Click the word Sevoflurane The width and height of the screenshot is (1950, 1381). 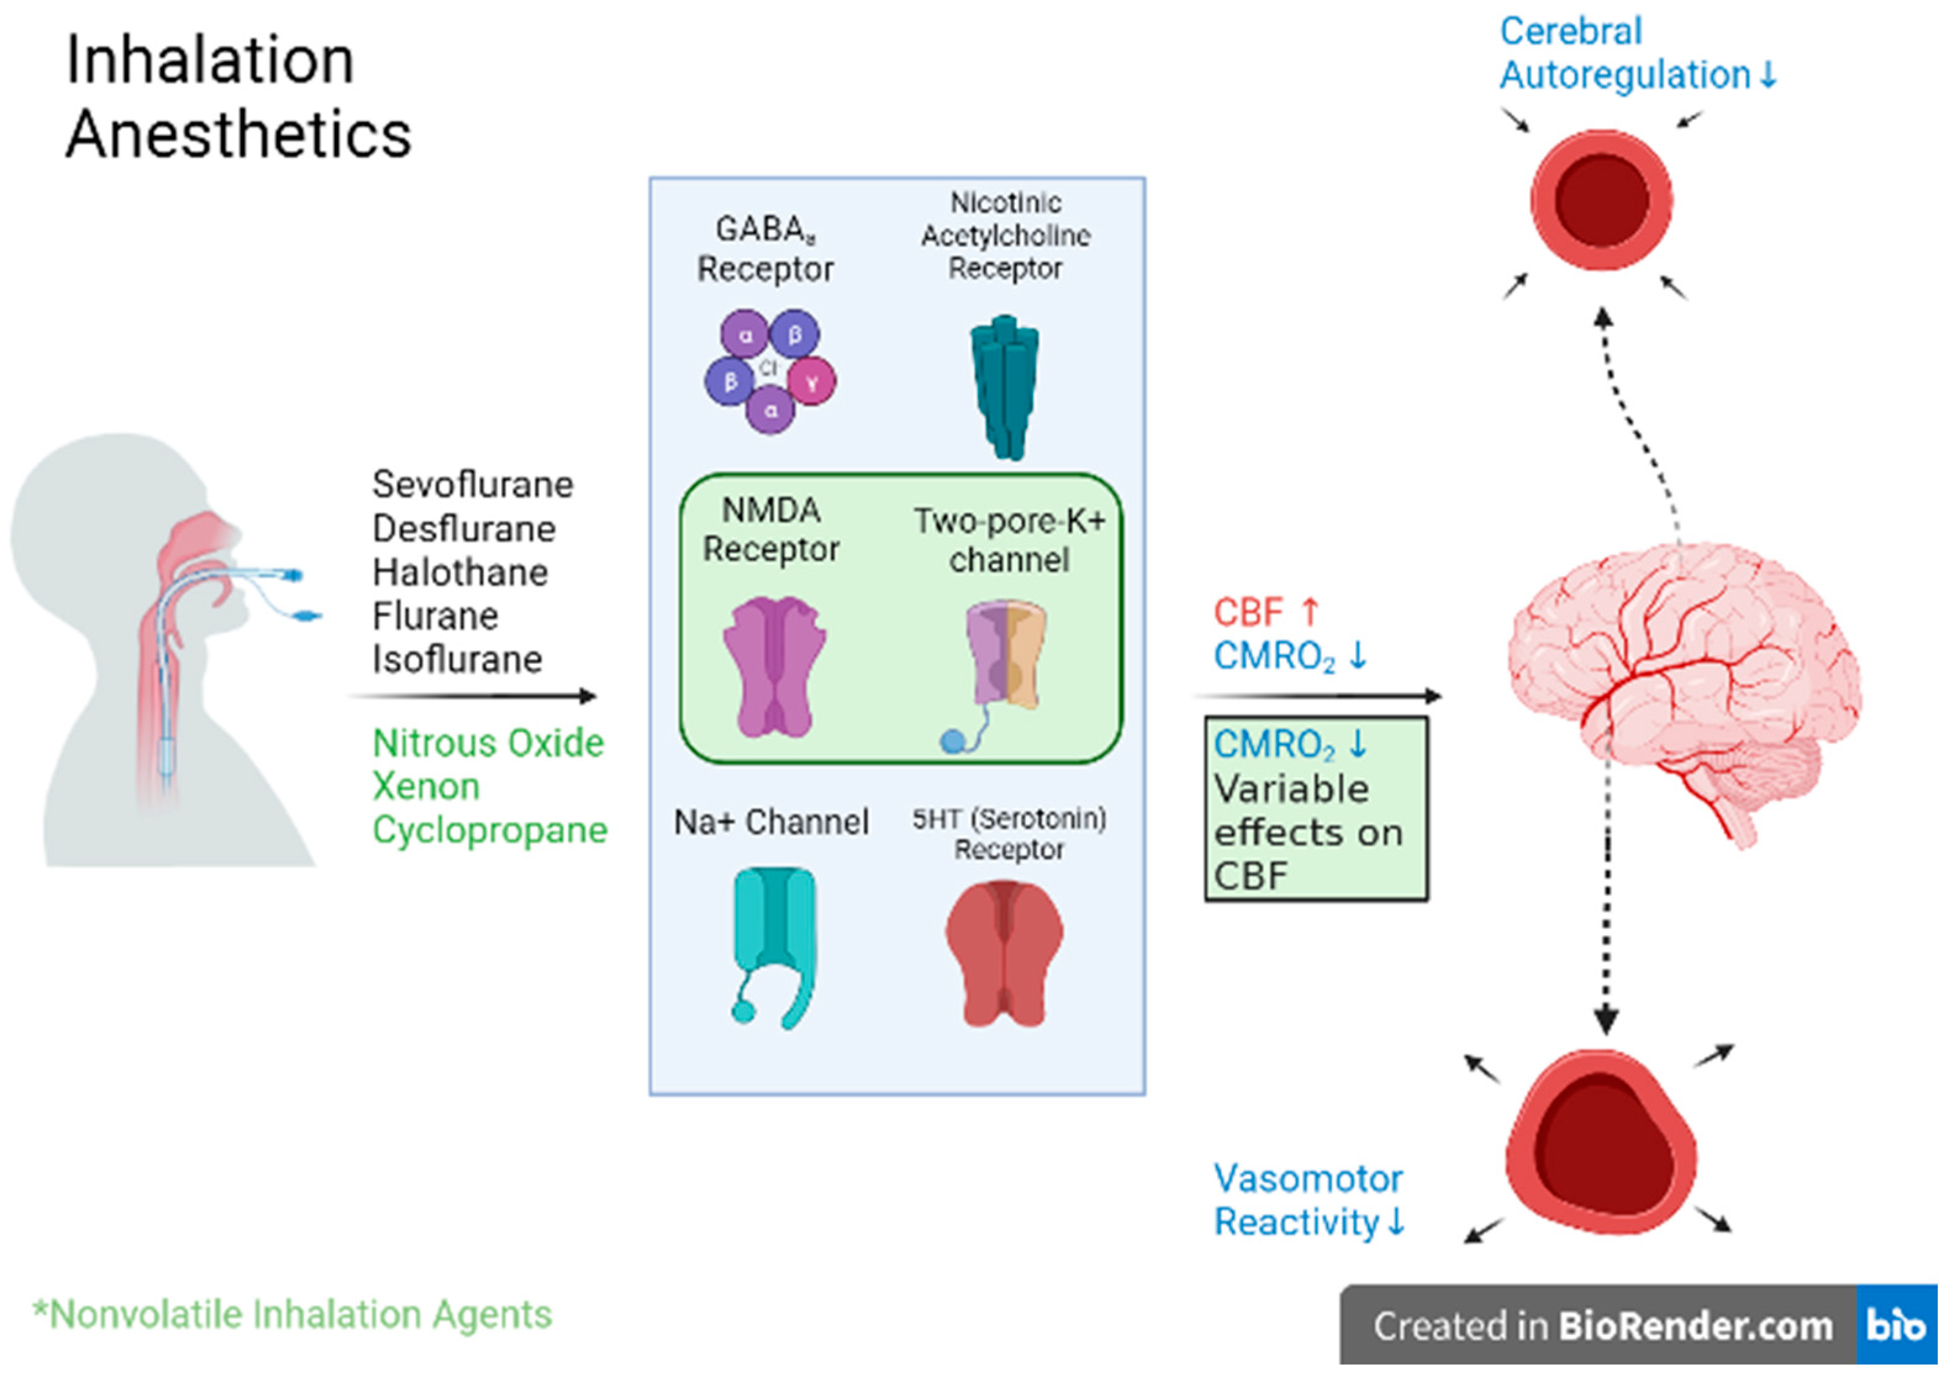pos(472,485)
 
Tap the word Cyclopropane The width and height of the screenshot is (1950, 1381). pos(490,830)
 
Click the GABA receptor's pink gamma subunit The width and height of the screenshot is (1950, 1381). pos(812,382)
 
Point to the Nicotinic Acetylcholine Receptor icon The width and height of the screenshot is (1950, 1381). pos(1004,387)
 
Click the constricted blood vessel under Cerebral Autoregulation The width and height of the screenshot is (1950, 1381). pos(1601,200)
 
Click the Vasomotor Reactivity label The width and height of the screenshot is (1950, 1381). pos(1308,1201)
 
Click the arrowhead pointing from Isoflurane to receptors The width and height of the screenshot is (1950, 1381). pos(588,696)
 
